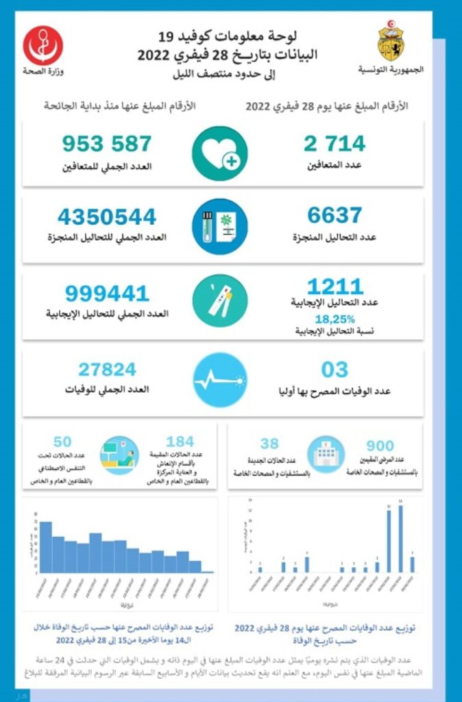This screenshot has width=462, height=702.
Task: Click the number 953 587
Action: tap(106, 144)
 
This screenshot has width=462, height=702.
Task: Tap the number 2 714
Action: tap(335, 144)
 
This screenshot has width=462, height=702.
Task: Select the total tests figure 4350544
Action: tap(107, 217)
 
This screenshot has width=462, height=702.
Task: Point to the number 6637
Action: tap(335, 216)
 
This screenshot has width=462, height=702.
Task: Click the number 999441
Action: tap(107, 293)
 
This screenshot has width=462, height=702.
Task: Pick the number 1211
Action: tap(335, 287)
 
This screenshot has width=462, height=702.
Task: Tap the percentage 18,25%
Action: tap(335, 319)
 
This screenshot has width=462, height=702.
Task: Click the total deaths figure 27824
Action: tap(107, 370)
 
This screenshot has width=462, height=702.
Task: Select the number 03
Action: tap(335, 370)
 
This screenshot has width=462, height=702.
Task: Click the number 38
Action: tap(269, 444)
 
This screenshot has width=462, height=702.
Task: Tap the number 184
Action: tap(180, 441)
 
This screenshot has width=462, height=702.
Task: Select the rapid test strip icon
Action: tap(219, 301)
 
